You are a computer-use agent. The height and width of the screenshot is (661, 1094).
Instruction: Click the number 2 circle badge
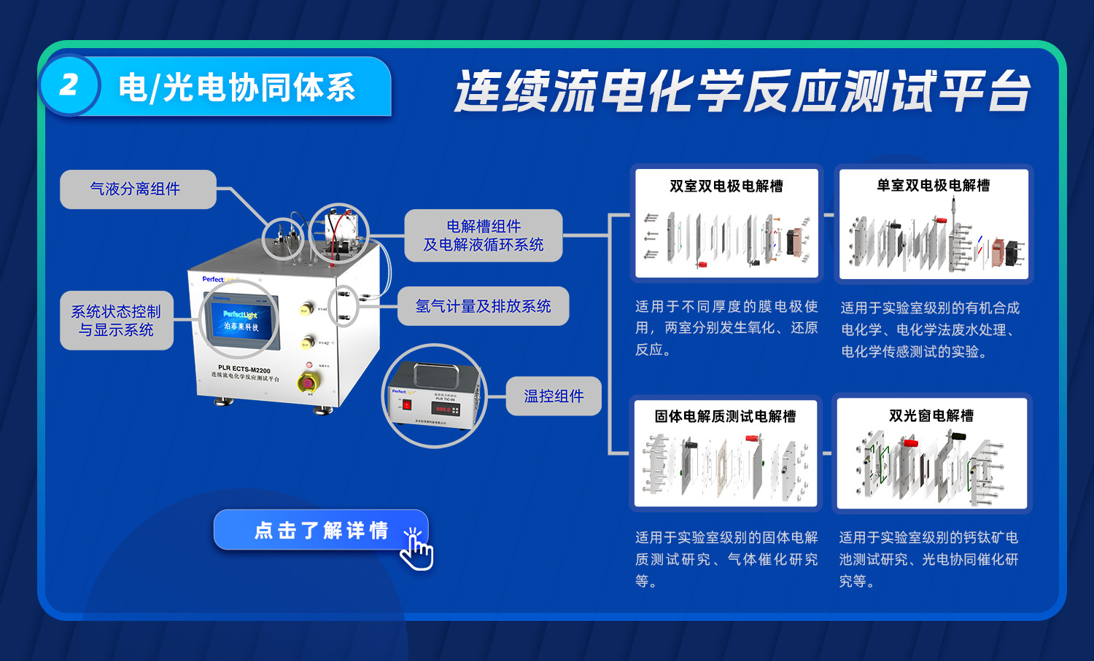coord(69,85)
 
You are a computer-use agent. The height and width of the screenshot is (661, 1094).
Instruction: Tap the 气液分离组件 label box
coord(137,189)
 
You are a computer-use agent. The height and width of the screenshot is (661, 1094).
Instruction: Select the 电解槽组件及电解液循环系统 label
coord(483,235)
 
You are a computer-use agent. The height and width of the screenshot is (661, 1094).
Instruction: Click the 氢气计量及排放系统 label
coord(483,306)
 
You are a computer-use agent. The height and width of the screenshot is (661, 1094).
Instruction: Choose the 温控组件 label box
coord(554,396)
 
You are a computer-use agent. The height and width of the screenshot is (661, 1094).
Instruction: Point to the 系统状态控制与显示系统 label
coord(116,321)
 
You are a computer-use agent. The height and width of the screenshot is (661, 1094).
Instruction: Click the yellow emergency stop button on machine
coord(308,381)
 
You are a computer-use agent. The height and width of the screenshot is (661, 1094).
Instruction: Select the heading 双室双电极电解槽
coord(726,187)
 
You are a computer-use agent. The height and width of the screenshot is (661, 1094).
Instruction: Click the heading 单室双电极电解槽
coord(933,186)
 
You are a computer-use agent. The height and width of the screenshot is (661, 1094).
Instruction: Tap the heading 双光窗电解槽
coord(931,415)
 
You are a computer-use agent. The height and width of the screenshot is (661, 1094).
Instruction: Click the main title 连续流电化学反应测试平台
coord(742,92)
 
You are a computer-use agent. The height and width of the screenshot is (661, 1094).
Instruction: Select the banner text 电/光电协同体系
coord(237,88)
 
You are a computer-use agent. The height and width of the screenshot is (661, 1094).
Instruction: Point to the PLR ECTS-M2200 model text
coord(244,369)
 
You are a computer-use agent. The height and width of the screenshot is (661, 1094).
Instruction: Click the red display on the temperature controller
coord(443,410)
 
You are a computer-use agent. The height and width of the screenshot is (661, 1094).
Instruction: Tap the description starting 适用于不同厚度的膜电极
coord(726,328)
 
